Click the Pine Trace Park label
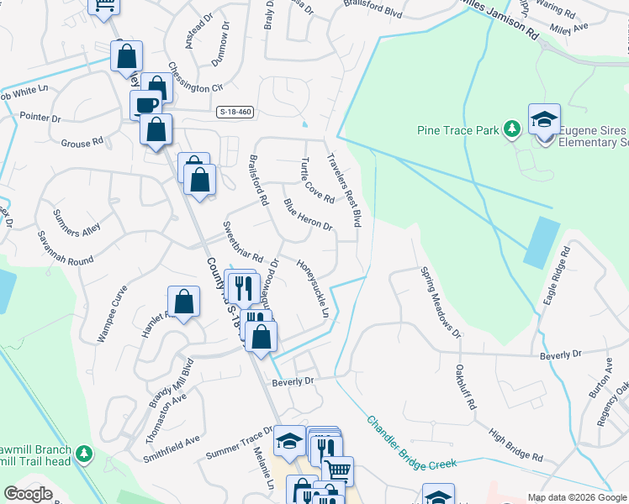[x=459, y=129]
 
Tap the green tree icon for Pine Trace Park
[x=510, y=129]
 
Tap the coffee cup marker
[x=145, y=105]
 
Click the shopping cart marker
[x=337, y=470]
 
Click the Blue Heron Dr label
[x=308, y=214]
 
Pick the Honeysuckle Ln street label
[x=311, y=287]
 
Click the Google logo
[x=28, y=494]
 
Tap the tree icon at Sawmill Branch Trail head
[x=83, y=454]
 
